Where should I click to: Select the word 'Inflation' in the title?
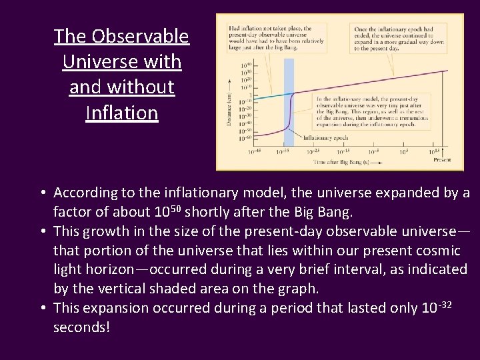(122, 113)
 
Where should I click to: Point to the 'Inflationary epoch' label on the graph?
(325, 138)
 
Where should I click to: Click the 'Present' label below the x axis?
(441, 160)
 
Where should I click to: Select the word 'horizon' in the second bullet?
(122, 269)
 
